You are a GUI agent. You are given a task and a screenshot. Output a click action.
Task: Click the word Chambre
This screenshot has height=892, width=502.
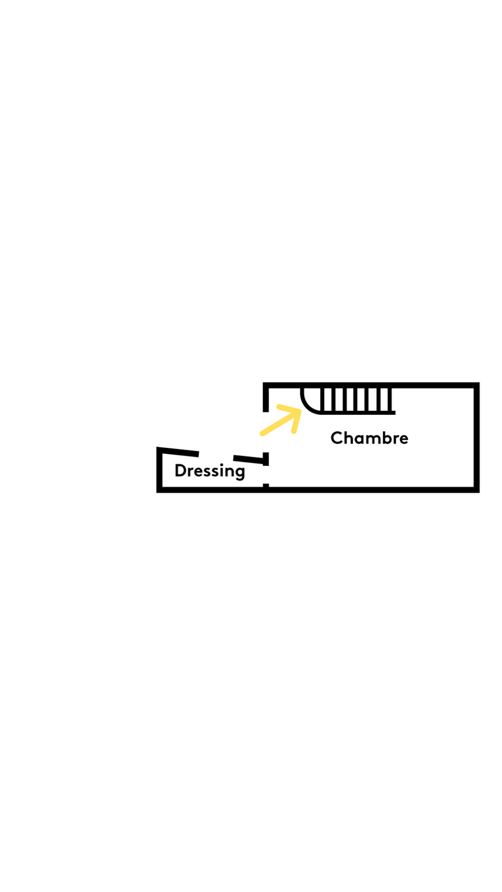369,438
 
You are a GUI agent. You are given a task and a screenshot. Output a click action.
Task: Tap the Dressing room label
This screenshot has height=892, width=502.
210,471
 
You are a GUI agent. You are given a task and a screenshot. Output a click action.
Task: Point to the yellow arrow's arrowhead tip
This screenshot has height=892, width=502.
300,410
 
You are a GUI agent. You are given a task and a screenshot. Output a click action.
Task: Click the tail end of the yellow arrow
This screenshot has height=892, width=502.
262,434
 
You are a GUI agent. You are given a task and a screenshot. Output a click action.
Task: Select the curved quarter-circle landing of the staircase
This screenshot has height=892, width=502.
310,400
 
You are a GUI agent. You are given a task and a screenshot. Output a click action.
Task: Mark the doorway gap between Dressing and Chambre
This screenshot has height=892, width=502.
266,474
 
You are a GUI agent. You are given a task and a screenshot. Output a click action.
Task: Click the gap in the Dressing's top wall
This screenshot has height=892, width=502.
216,455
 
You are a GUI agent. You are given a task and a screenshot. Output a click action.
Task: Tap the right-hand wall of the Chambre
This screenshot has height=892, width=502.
476,437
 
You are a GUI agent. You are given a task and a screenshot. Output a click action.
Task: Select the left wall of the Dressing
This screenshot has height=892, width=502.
159,470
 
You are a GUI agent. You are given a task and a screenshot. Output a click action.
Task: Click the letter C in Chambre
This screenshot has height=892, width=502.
337,438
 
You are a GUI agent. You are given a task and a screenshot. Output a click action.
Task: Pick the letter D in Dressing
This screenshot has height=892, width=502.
180,470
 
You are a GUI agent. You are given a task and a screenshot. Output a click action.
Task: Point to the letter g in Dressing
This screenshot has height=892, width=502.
240,473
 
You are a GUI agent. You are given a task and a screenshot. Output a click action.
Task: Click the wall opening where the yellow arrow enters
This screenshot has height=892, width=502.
266,432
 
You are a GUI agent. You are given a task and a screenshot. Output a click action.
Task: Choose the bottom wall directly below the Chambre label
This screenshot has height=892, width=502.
370,490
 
